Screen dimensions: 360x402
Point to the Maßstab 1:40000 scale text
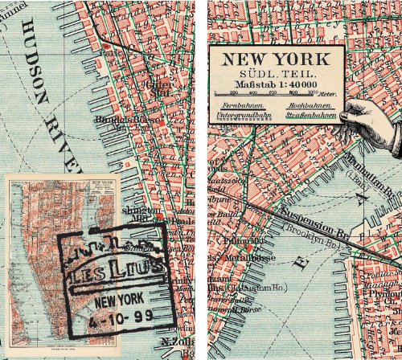click(x=275, y=84)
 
